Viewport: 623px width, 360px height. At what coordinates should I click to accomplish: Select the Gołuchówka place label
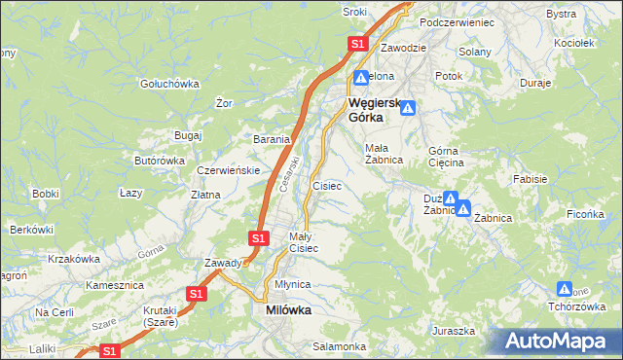click(x=169, y=84)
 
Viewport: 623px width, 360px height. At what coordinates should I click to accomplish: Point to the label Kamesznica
click(x=115, y=286)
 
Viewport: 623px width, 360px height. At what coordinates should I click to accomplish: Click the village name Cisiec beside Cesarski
click(x=326, y=185)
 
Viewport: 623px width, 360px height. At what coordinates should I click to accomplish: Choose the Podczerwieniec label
click(x=458, y=21)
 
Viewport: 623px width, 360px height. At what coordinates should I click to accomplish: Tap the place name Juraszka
click(x=453, y=331)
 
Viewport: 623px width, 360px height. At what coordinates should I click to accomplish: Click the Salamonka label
click(x=339, y=346)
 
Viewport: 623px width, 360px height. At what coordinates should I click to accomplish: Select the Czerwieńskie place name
click(x=227, y=169)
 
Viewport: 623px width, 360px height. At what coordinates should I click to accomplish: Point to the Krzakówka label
click(x=74, y=259)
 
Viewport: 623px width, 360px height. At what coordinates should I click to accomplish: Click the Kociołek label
click(x=572, y=44)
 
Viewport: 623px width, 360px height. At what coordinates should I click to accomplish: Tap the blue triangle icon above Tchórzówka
click(x=565, y=288)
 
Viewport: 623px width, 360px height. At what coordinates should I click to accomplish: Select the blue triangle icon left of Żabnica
click(x=463, y=206)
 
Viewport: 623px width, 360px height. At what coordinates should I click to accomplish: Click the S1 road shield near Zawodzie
click(x=357, y=44)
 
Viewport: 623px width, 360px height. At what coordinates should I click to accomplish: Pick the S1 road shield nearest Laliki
click(x=111, y=351)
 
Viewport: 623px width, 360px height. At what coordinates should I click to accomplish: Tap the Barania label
click(x=272, y=139)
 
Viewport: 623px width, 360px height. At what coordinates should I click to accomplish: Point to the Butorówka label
click(x=159, y=161)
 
